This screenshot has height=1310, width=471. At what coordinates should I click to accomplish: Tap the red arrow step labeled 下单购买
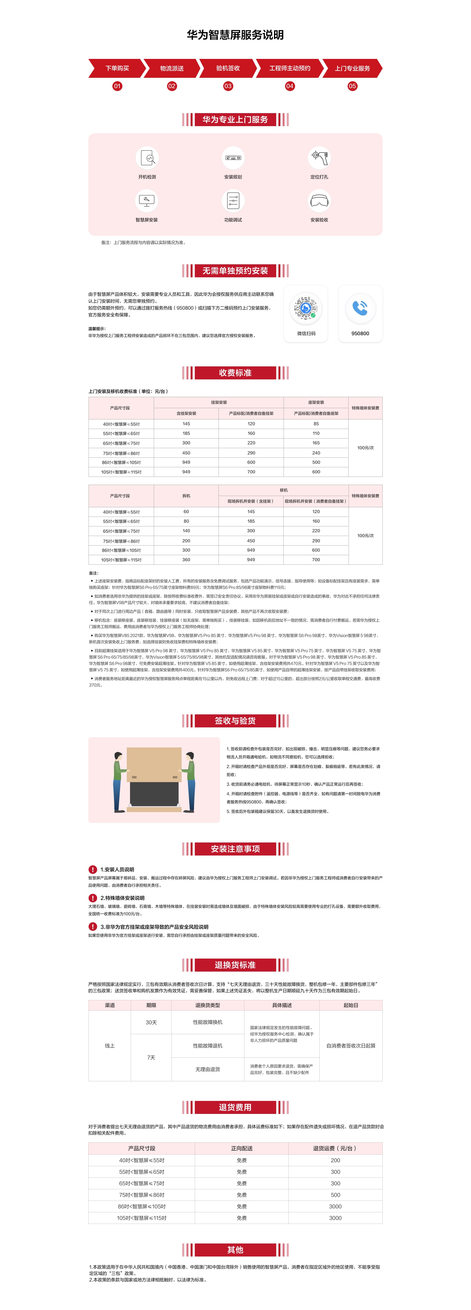pos(117,68)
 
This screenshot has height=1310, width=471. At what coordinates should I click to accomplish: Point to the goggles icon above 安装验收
pos(319,201)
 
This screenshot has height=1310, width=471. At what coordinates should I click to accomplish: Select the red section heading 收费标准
pos(235,373)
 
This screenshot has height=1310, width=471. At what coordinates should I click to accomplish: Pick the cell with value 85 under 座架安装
pos(316,424)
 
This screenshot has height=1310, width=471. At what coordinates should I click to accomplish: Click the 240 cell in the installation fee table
pos(316,453)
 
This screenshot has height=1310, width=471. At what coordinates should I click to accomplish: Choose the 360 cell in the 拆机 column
pos(186,559)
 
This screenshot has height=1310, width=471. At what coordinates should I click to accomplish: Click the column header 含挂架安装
pos(186,414)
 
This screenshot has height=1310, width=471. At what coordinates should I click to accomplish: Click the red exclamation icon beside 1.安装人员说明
pos(92,869)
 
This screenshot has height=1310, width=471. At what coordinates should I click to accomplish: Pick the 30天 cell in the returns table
pos(151,1022)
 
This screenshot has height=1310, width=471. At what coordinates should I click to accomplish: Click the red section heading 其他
pos(235,1249)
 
